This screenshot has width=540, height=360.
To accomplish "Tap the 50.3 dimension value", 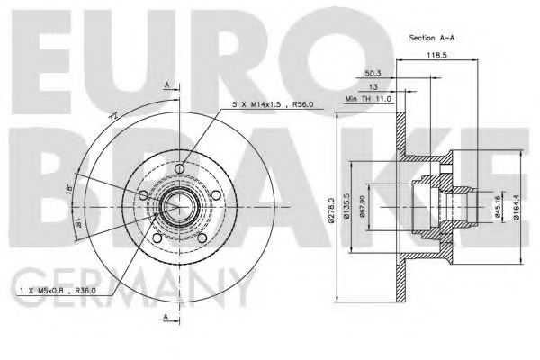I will [x=373, y=73].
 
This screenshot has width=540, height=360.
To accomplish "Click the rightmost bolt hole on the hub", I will [x=216, y=194].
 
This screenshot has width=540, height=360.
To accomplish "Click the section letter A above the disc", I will [x=166, y=85].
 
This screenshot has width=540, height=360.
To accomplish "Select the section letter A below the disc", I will [x=166, y=318].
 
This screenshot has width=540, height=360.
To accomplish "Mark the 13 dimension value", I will [x=372, y=85].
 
